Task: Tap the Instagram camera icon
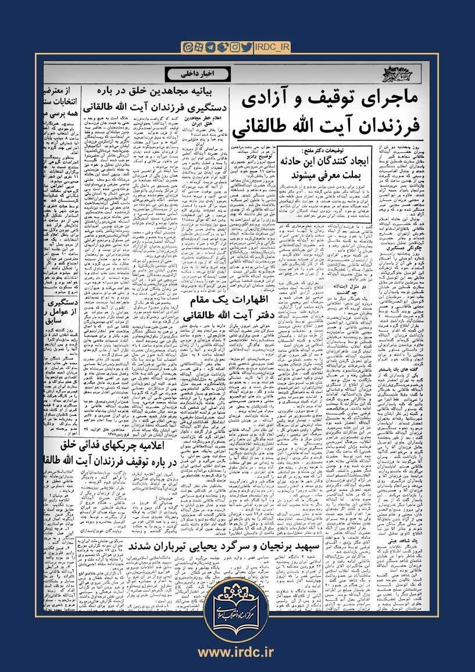coord(235,46)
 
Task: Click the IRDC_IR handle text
coord(276,46)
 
